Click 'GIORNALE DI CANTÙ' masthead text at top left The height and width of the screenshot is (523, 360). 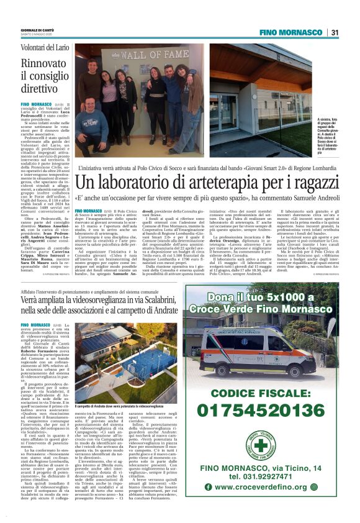[x=37, y=29]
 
